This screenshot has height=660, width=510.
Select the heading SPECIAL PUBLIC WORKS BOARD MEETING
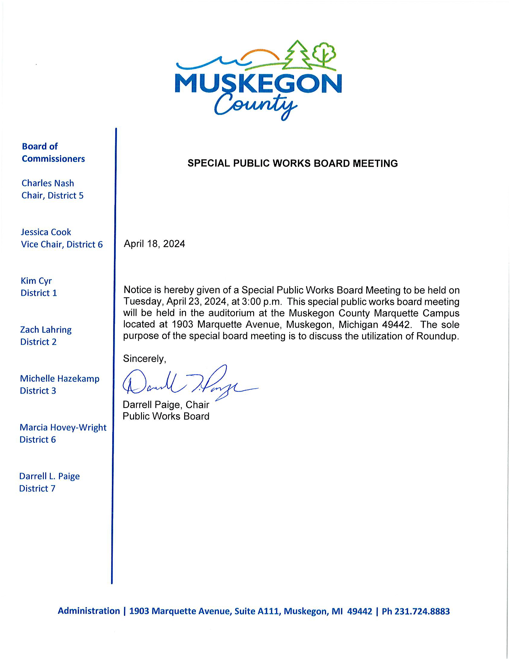pos(292,163)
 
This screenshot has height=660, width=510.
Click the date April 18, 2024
pos(154,244)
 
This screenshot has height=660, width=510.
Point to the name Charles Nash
pos(48,183)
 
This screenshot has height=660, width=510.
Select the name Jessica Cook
pos(46,232)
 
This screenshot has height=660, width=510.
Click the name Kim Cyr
pos(36,281)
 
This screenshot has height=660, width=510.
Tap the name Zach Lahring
pos(46,330)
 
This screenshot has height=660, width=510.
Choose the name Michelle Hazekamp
pos(59,379)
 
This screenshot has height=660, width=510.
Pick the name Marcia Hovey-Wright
pos(63,427)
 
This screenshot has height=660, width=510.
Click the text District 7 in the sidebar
pos(37,489)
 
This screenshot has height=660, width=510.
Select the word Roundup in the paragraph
pos(437,336)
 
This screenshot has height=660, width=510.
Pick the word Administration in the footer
pos(89,611)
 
